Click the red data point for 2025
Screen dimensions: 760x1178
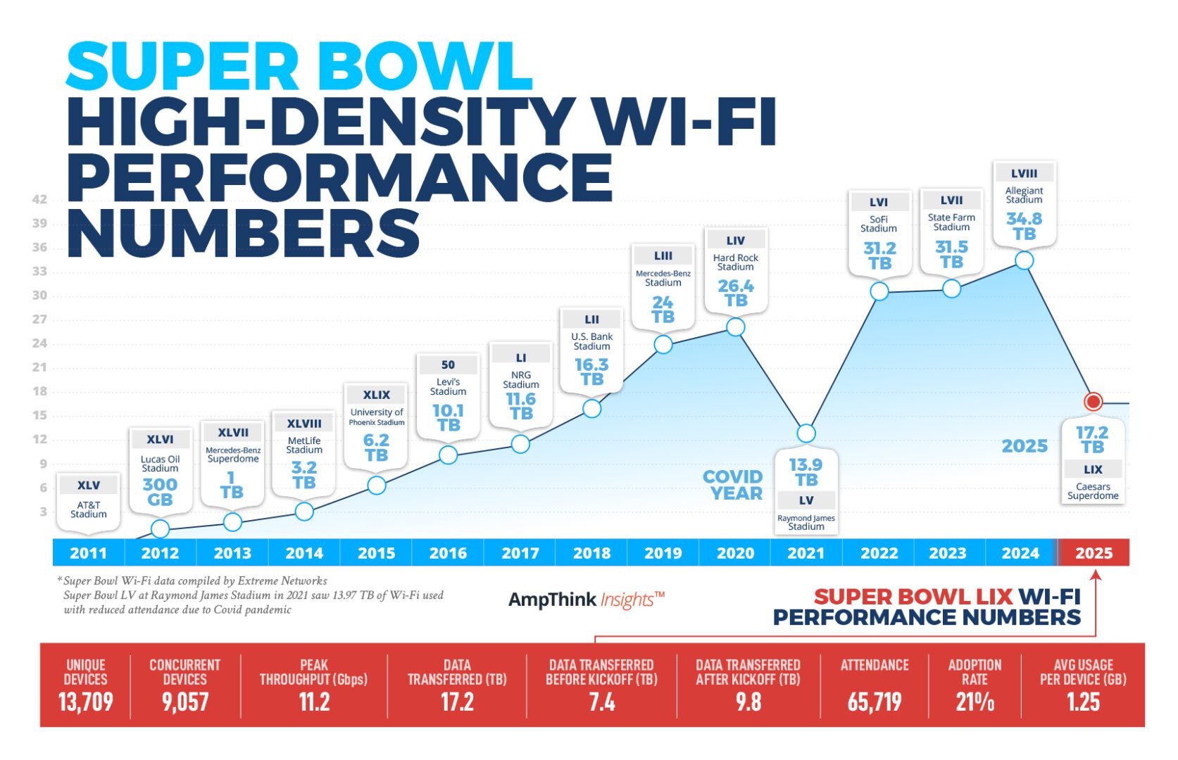pyautogui.click(x=1093, y=402)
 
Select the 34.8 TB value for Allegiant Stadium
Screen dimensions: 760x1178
pyautogui.click(x=1024, y=227)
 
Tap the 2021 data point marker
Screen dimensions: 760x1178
pyautogui.click(x=806, y=433)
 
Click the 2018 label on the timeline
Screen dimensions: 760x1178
pyautogui.click(x=591, y=554)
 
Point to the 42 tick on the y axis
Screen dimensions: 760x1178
pyautogui.click(x=39, y=200)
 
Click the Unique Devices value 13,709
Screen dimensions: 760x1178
pyautogui.click(x=85, y=702)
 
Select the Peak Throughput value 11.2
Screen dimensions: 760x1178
pyautogui.click(x=314, y=702)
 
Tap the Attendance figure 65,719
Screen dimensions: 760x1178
pyautogui.click(x=874, y=702)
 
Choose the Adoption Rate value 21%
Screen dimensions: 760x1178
pyautogui.click(x=975, y=702)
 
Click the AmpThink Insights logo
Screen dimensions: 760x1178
pyautogui.click(x=586, y=600)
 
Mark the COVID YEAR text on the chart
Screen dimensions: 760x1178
pyautogui.click(x=733, y=486)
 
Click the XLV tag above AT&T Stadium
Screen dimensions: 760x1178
pyautogui.click(x=89, y=486)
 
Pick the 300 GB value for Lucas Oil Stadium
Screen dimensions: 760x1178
pyautogui.click(x=160, y=492)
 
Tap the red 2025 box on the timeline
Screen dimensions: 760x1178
pyautogui.click(x=1094, y=554)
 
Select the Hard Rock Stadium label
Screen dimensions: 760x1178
pyautogui.click(x=735, y=262)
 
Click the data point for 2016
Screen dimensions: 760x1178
pyautogui.click(x=448, y=455)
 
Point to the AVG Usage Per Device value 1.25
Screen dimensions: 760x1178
pyautogui.click(x=1083, y=702)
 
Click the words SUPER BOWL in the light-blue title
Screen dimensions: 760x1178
pyautogui.click(x=299, y=67)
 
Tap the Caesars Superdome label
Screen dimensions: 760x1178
pyautogui.click(x=1093, y=491)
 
